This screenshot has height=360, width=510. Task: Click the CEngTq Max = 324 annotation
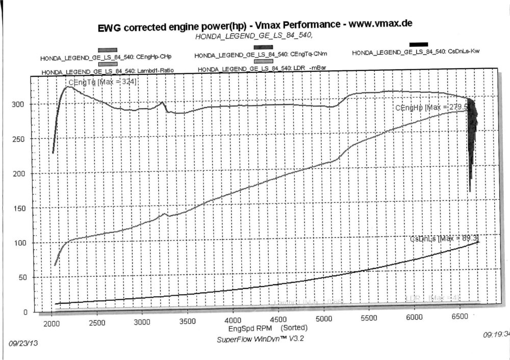pyautogui.click(x=102, y=82)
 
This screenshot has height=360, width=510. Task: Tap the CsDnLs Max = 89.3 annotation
pyautogui.click(x=444, y=239)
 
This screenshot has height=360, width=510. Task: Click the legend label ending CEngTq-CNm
pyautogui.click(x=261, y=55)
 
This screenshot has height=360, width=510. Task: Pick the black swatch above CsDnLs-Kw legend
pyautogui.click(x=418, y=44)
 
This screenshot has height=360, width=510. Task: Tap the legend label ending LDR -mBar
pyautogui.click(x=262, y=69)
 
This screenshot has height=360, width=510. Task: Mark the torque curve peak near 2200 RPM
pyautogui.click(x=67, y=87)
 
